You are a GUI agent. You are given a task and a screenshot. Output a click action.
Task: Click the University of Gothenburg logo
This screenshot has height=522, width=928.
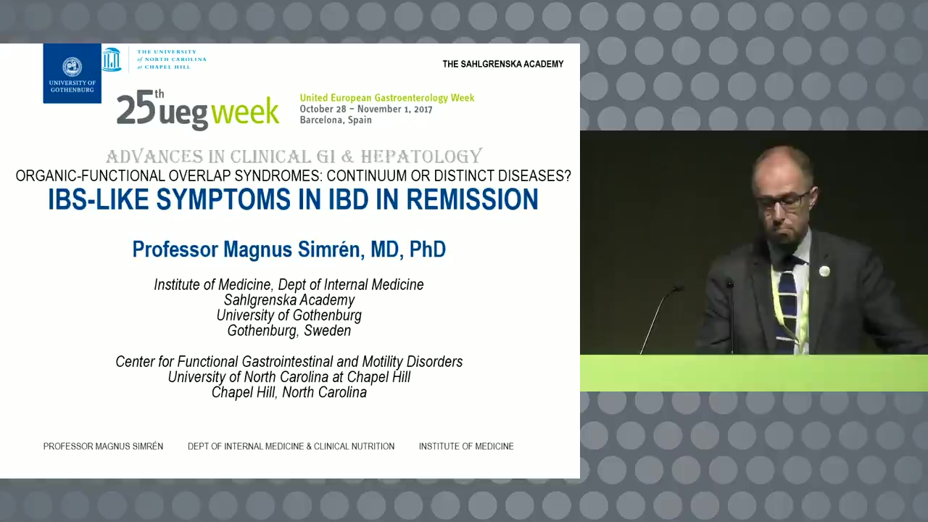72,73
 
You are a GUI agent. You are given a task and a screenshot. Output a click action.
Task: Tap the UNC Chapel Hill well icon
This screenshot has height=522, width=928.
112,59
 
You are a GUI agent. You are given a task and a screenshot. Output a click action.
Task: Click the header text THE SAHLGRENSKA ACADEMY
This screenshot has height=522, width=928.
503,64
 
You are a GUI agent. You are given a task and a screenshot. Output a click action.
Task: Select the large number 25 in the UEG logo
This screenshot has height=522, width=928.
136,109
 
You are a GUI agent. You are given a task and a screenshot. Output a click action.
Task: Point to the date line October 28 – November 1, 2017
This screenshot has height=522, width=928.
366,109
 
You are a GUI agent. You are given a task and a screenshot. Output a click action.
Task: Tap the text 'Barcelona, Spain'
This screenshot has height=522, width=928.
336,120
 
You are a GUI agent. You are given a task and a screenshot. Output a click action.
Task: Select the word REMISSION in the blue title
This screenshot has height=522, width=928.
472,199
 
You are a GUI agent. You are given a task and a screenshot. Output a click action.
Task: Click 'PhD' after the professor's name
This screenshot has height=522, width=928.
428,249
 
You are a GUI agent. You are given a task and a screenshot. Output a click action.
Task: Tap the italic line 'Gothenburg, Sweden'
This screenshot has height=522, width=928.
289,331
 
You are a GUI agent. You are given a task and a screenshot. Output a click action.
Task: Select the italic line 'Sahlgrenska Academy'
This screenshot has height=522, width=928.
289,300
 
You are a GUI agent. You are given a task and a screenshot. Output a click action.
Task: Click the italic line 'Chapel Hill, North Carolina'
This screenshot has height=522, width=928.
289,392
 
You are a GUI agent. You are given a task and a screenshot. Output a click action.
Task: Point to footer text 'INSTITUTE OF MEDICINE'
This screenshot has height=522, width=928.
466,446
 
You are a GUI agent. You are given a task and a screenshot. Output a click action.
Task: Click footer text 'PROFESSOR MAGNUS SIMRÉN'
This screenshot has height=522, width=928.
103,446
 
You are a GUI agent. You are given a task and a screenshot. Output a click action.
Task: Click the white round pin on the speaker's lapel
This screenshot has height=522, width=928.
824,271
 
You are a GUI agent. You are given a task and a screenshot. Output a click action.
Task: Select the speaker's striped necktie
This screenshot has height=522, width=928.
788,307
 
